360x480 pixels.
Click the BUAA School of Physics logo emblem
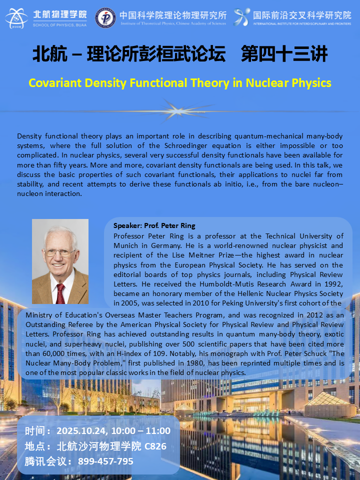(x=16, y=17)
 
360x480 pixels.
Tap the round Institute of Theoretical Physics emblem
(x=105, y=17)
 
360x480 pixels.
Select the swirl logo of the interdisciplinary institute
(x=242, y=17)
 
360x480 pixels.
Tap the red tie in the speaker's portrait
(x=60, y=293)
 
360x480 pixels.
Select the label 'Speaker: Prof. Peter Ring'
(x=154, y=225)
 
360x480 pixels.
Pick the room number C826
(x=155, y=446)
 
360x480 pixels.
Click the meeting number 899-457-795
(x=105, y=461)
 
